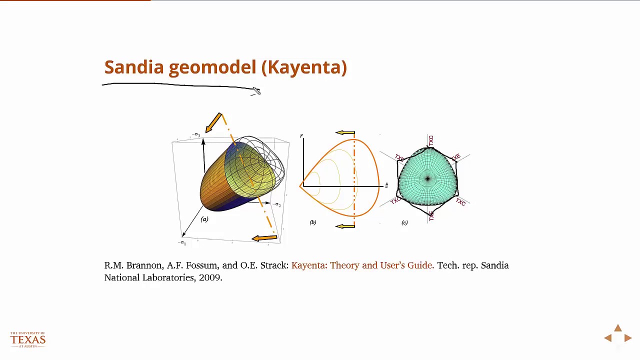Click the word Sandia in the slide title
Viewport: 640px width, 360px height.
[x=134, y=67]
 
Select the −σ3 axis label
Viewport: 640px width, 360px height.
[x=196, y=135]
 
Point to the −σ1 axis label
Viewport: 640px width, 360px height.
[x=182, y=243]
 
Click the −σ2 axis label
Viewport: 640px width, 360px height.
[x=277, y=204]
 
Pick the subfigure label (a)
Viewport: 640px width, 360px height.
[x=204, y=219]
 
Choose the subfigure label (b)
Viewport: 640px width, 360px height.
[x=312, y=222]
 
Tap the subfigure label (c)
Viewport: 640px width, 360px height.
[x=404, y=222]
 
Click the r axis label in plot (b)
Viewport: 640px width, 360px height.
[x=301, y=136]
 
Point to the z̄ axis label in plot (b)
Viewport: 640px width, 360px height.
[x=386, y=185]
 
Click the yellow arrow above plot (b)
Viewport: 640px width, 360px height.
[x=345, y=133]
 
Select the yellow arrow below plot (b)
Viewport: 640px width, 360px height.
[x=345, y=226]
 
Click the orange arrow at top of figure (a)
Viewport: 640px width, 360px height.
[x=213, y=122]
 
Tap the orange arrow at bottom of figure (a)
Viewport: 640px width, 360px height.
[x=264, y=238]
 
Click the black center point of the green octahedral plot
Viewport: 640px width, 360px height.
[x=427, y=178]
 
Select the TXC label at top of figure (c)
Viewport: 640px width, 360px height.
[x=431, y=140]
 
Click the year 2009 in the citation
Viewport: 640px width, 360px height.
[x=210, y=277]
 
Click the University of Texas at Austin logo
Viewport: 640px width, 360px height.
[x=28, y=339]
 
